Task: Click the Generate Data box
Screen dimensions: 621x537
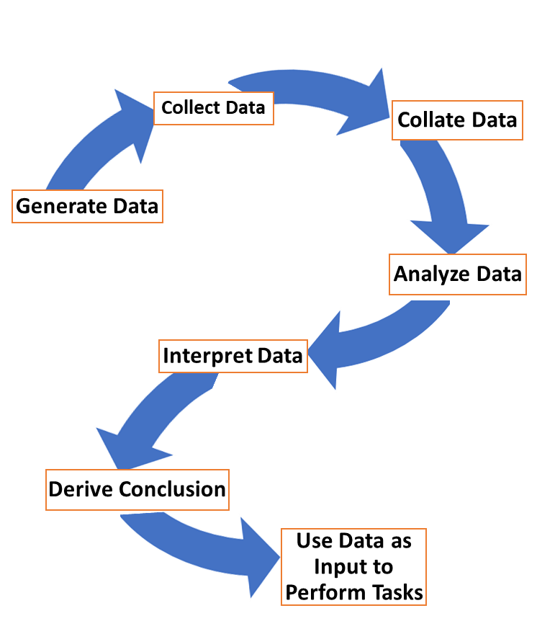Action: coord(87,206)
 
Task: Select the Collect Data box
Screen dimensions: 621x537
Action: coord(214,108)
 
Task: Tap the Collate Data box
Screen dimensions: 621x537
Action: coord(457,120)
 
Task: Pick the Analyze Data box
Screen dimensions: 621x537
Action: coord(458,274)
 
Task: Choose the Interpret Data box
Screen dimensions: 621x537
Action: coord(233,356)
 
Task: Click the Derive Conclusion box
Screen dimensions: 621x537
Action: coord(137,489)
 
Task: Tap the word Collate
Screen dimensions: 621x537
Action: coord(430,120)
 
